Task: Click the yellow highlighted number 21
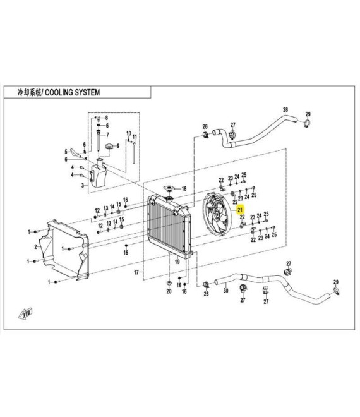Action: pos(241,210)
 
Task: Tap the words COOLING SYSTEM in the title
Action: pos(73,92)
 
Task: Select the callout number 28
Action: pos(285,109)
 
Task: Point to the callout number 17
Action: pos(136,272)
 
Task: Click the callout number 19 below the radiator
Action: pos(177,262)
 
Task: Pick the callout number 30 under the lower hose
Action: pos(225,291)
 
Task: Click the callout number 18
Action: pos(184,189)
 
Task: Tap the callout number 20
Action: pos(169,291)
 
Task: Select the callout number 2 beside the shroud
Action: pos(36,247)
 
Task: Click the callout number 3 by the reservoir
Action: pos(83,186)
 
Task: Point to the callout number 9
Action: pos(118,146)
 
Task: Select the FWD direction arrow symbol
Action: pos(26,313)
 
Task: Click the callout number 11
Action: pos(135,137)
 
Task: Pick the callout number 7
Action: pos(107,135)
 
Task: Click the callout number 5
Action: pos(66,152)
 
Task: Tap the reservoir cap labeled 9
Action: pos(109,147)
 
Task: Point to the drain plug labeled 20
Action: pos(169,282)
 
